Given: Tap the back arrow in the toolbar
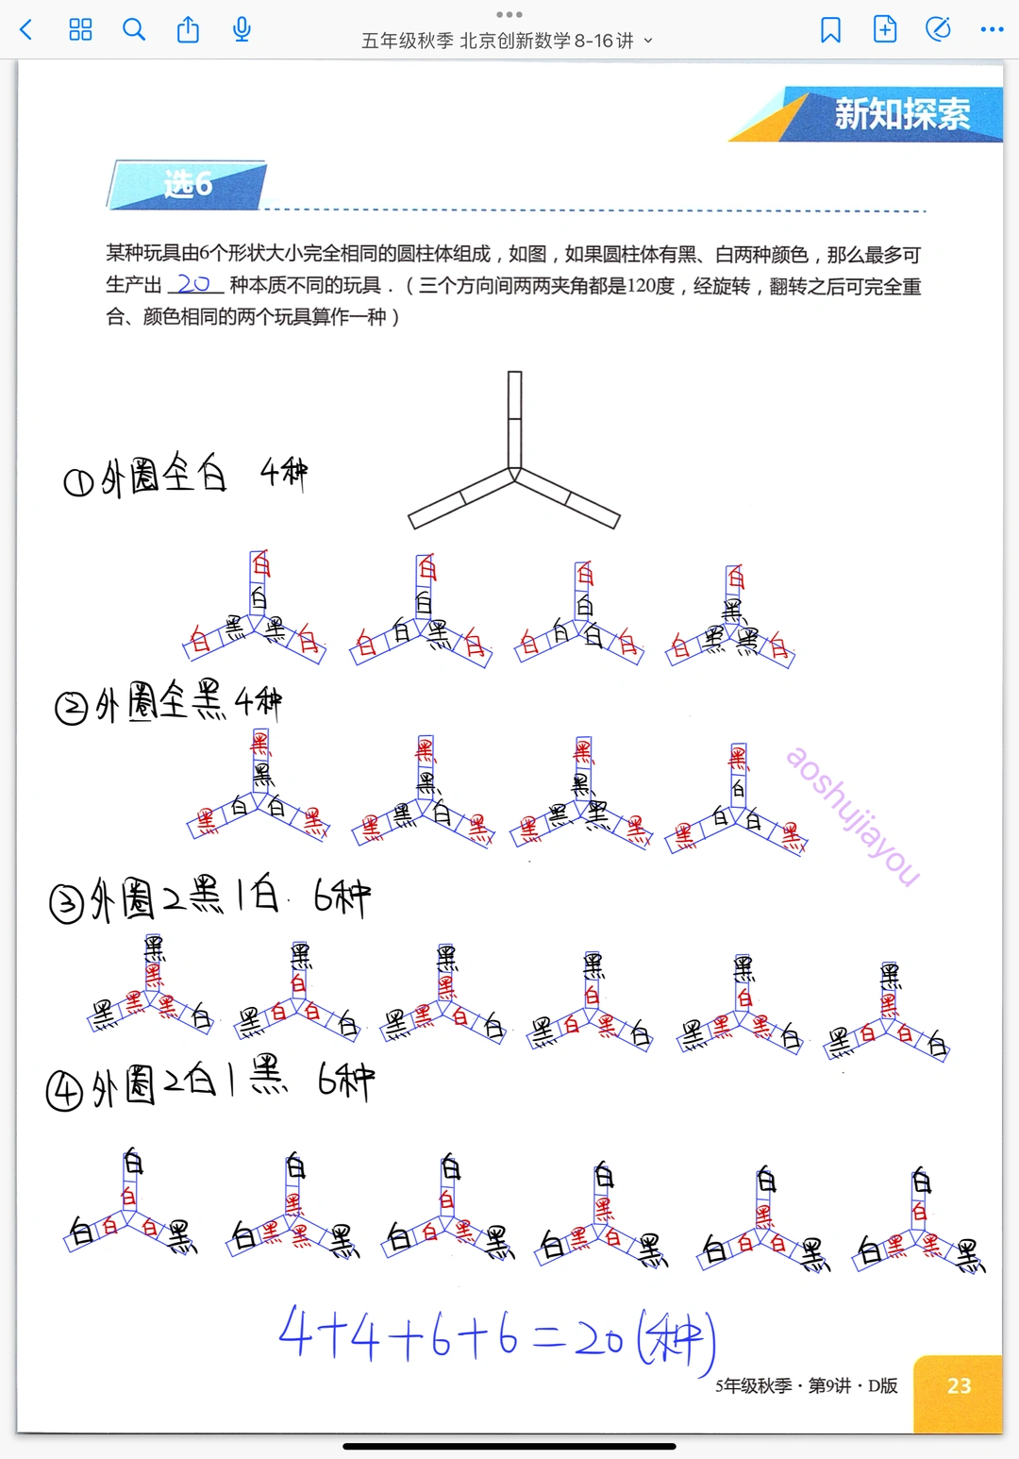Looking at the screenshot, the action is coord(26,30).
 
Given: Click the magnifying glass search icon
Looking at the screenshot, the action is coord(134,30).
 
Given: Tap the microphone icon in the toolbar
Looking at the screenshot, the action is coord(242,30).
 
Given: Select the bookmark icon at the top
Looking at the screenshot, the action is coord(830,30).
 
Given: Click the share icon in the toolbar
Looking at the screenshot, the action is coord(188,30).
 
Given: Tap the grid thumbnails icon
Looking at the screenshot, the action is coord(81,30).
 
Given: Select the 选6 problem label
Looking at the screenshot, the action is coord(188,184).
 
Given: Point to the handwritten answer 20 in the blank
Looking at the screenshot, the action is coord(193,283).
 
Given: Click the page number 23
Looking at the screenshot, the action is coord(959,1385).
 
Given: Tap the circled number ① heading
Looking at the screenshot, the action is coord(77,483).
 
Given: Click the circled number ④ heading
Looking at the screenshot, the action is coord(64,1091).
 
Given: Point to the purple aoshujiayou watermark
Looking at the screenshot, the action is coord(852,815).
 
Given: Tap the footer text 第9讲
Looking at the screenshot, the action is coord(829,1385).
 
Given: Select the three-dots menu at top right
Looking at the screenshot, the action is coord(992,30).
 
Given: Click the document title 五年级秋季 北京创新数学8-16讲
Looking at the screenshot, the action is coord(497,41).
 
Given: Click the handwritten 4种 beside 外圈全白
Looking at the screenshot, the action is coord(283,472).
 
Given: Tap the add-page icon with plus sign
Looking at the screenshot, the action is coord(885,30).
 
